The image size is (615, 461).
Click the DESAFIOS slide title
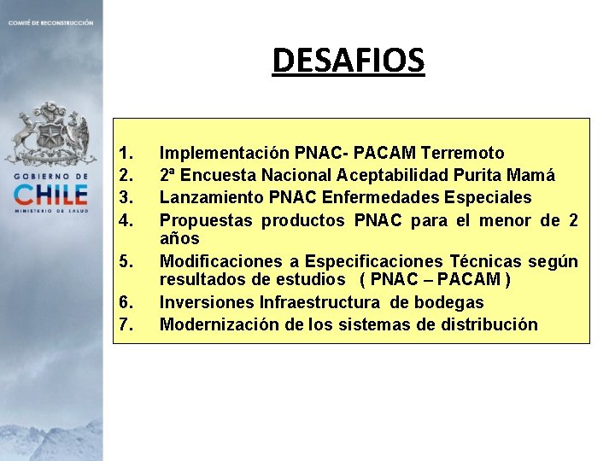(x=348, y=61)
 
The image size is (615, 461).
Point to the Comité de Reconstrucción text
(x=50, y=22)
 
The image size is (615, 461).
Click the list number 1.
(x=126, y=154)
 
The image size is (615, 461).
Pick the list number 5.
(x=126, y=261)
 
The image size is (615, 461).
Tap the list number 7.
(x=126, y=324)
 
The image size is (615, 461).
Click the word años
(x=179, y=239)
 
